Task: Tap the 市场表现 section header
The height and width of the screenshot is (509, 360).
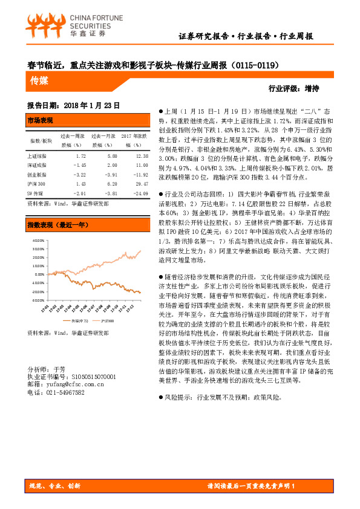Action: click(41, 121)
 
